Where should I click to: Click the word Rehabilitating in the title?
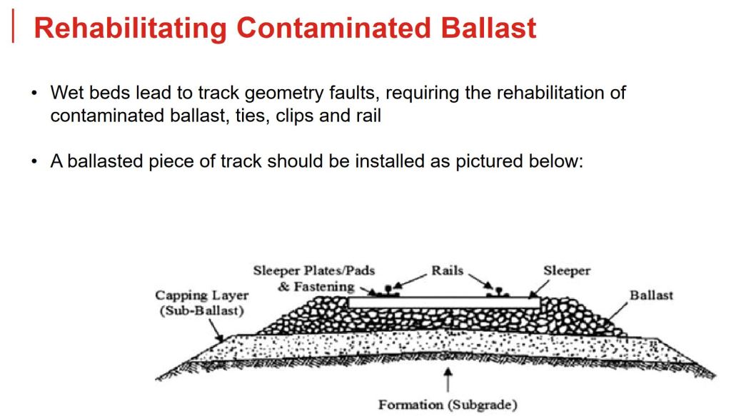[x=131, y=28]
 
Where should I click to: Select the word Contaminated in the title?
[x=334, y=28]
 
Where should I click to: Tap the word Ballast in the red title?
[x=489, y=28]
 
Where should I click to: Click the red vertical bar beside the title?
[x=13, y=26]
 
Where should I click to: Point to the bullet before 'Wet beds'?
[x=34, y=93]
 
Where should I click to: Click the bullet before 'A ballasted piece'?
[x=34, y=162]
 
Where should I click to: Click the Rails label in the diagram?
[x=448, y=270]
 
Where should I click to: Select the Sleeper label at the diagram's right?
[x=567, y=271]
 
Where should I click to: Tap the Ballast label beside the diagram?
[x=651, y=295]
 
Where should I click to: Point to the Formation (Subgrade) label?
[x=448, y=405]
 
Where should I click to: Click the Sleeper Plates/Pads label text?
[x=314, y=270]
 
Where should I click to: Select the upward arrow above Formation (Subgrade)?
[x=448, y=380]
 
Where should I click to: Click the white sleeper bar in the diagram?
[x=444, y=303]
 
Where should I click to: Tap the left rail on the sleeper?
[x=388, y=291]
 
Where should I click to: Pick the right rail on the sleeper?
[x=498, y=292]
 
